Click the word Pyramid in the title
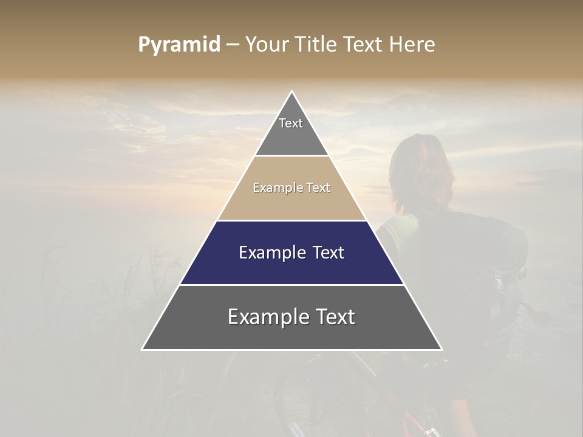click(x=179, y=45)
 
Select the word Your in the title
click(x=267, y=45)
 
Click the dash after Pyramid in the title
click(x=233, y=45)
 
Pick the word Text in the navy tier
click(x=326, y=252)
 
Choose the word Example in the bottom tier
click(x=268, y=317)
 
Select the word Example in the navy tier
click(x=270, y=252)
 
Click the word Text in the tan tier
click(x=318, y=188)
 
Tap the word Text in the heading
click(x=362, y=45)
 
